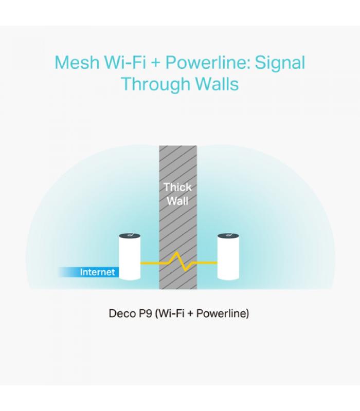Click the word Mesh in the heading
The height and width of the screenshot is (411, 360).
tap(77, 62)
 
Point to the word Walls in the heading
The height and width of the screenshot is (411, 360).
tap(217, 84)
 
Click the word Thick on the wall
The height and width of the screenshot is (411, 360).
tap(178, 187)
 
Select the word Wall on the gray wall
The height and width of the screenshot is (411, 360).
tap(178, 201)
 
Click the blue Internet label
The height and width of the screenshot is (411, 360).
tap(97, 272)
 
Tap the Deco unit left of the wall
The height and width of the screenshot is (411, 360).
tap(130, 257)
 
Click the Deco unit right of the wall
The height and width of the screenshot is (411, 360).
tap(228, 257)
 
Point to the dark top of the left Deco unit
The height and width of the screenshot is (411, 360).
tap(130, 236)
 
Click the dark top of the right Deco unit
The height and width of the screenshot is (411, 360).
tap(228, 236)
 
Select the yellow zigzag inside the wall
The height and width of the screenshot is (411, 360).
tap(178, 261)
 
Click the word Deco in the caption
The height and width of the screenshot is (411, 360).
tap(121, 313)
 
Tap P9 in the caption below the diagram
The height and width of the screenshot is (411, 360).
tap(144, 313)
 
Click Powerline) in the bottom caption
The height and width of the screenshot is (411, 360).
tap(223, 313)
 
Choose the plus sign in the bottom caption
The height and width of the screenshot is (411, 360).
tap(190, 314)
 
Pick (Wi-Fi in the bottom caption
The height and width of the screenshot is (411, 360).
tap(170, 313)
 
